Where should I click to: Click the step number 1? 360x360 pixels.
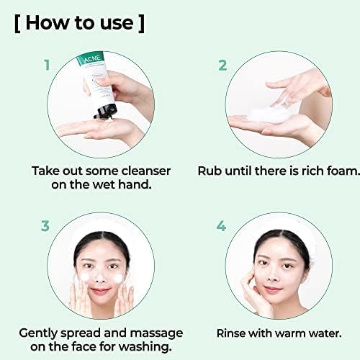coord(48,66)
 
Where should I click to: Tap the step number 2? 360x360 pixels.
coord(222,66)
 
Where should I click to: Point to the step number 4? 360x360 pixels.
coord(222,226)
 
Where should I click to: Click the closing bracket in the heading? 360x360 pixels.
coord(140,22)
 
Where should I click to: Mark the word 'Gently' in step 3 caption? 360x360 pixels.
coord(41,333)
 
